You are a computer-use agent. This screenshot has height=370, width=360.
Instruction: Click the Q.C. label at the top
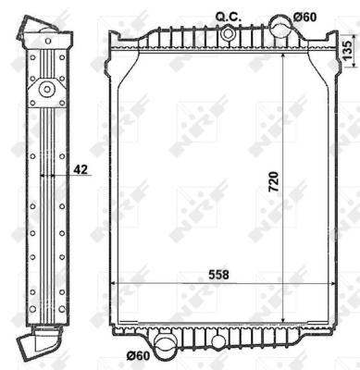228,17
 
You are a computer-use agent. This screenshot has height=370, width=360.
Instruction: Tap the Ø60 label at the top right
304,18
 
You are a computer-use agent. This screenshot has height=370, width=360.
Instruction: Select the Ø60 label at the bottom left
138,356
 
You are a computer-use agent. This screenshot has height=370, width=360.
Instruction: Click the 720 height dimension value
274,181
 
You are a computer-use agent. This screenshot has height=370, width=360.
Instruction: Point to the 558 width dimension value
218,275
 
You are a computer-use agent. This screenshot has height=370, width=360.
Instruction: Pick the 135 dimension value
347,51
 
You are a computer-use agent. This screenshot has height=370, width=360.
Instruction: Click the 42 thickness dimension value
81,169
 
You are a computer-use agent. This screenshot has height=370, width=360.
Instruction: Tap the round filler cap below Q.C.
228,33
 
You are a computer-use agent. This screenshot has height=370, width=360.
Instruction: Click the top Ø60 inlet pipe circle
281,26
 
